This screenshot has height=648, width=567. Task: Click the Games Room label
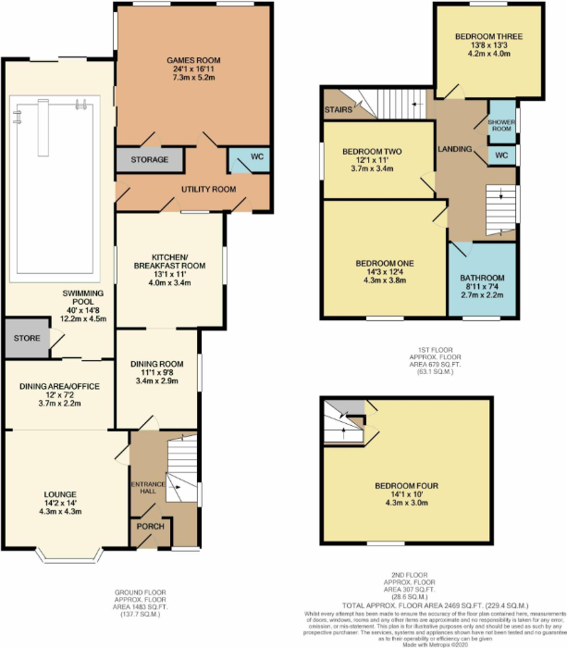pos(193,60)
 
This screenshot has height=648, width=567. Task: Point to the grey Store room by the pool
pos(27,339)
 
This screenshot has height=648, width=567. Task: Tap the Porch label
pos(149,526)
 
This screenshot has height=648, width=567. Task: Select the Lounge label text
pos(57,494)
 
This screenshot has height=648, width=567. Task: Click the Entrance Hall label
pos(146,488)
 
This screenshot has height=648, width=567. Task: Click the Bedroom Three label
pos(488,37)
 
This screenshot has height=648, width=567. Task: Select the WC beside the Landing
pos(501,155)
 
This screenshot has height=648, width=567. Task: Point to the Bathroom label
pos(482,278)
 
